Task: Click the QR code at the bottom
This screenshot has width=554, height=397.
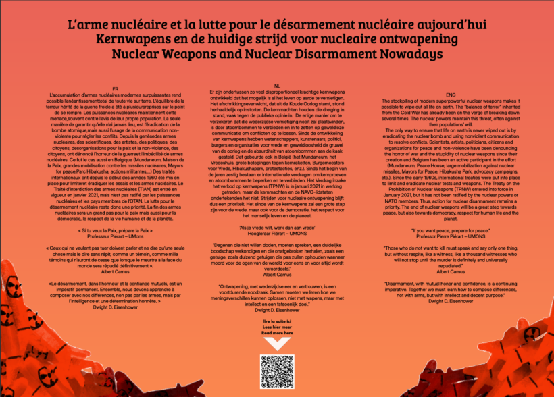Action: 277,371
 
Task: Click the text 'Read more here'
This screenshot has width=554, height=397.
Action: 277,333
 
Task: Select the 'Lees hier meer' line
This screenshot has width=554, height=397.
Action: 277,327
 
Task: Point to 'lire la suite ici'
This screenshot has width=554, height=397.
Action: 277,322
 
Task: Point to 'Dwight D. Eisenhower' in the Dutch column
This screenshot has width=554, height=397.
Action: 277,311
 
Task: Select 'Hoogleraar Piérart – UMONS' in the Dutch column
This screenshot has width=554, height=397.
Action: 277,231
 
